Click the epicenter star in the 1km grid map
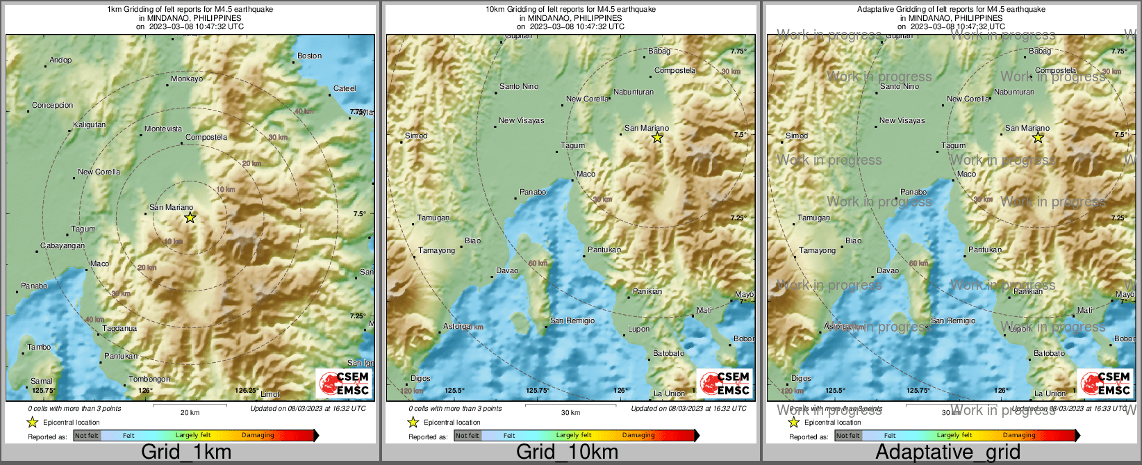[190, 218]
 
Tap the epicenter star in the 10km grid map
[657, 138]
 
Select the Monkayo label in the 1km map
[187, 79]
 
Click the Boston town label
[309, 56]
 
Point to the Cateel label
[345, 89]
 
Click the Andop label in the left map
[60, 60]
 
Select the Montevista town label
[163, 129]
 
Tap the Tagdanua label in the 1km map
[119, 328]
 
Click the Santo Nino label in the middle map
[519, 87]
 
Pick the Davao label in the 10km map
[507, 271]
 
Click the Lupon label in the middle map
[638, 329]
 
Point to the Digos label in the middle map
[420, 379]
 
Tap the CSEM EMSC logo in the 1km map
[344, 383]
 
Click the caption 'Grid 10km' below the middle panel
[567, 452]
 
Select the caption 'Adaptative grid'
[947, 452]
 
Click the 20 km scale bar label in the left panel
[190, 412]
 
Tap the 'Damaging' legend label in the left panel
[258, 436]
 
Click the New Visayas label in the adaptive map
[902, 121]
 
